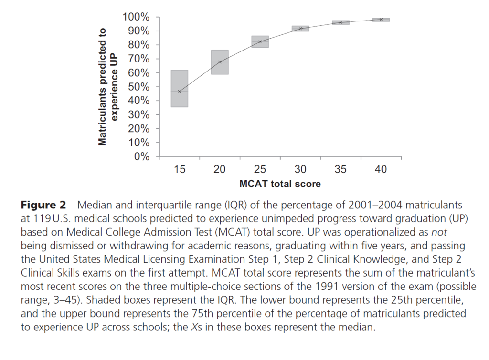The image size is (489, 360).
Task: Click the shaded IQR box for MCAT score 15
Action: point(180,88)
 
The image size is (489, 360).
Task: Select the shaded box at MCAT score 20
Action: point(220,62)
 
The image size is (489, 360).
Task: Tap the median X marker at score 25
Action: point(260,41)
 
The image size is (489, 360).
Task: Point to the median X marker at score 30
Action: point(300,29)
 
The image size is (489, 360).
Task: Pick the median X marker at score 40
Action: point(381,20)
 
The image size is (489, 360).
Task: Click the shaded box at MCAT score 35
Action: point(341,22)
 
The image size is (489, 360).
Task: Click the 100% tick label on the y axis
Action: point(137,17)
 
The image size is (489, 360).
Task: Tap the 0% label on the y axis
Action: point(142,156)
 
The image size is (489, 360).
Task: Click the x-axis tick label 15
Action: point(180,169)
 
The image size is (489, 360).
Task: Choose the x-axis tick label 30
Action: point(300,169)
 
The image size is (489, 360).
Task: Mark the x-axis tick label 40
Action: point(381,169)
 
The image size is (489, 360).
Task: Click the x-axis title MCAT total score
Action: point(280,184)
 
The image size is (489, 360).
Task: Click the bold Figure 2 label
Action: point(43,206)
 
